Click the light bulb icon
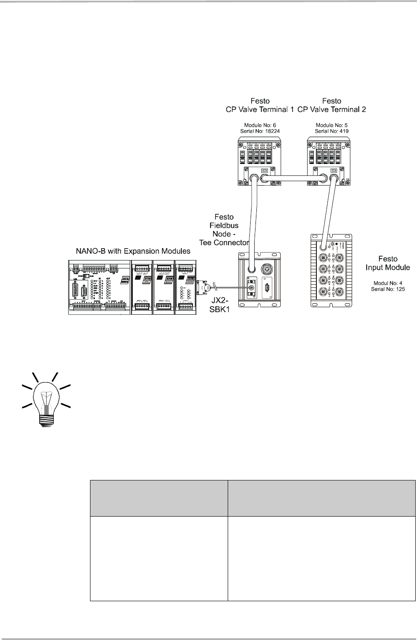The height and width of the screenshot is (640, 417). (46, 394)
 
